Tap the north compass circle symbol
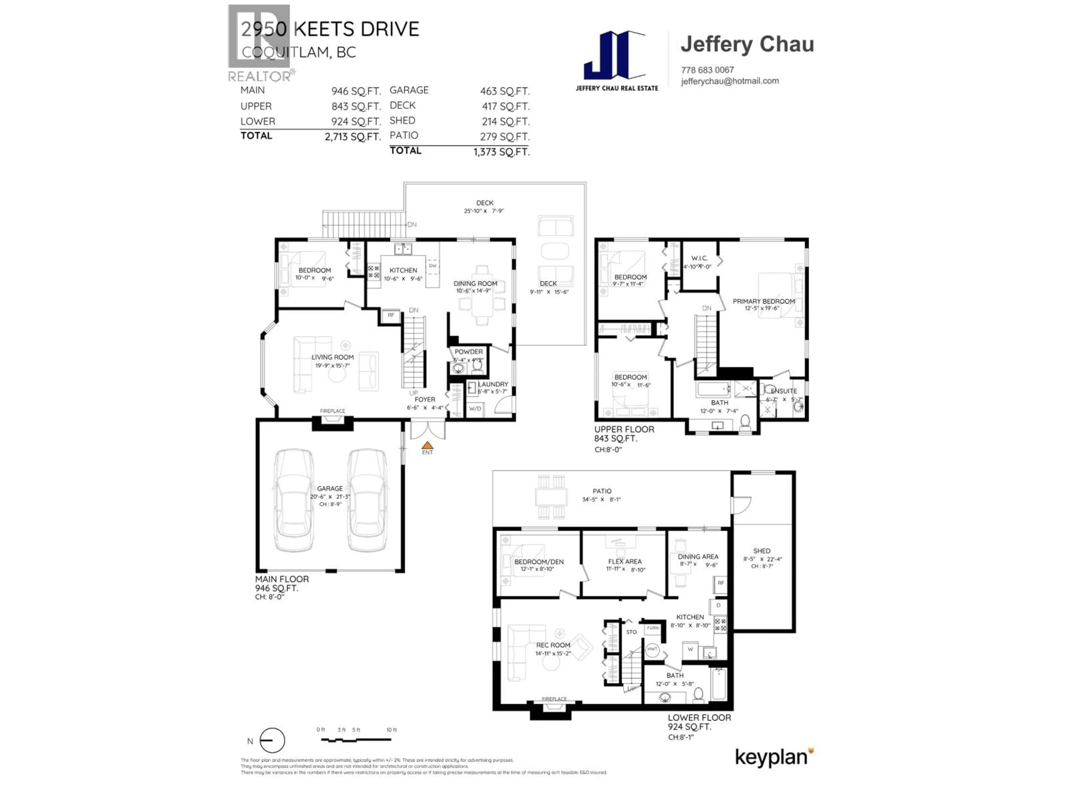pos(272,740)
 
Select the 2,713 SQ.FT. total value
pos(353,137)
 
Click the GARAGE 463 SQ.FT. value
pos(504,91)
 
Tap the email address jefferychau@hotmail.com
pos(729,81)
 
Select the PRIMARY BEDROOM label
pos(764,302)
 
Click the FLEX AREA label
pos(625,562)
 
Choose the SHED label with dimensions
pos(762,551)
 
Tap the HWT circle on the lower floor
pos(652,649)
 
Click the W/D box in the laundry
pos(475,409)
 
